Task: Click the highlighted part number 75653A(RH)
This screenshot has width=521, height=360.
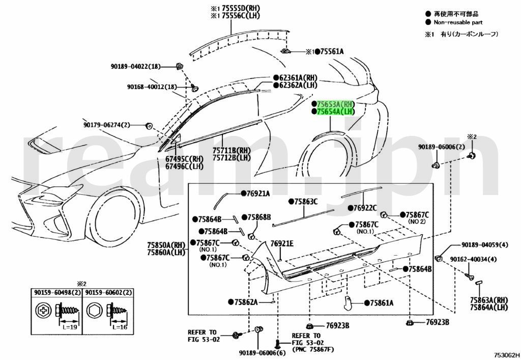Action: click(x=336, y=104)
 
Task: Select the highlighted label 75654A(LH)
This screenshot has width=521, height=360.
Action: click(x=336, y=112)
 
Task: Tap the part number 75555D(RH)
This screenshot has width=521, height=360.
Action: click(x=241, y=8)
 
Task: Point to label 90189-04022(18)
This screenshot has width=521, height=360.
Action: click(x=135, y=67)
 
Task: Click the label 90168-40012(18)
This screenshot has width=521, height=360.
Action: click(x=152, y=87)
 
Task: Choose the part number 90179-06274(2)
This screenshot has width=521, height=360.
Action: click(x=107, y=125)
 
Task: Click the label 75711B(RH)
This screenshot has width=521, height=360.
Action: click(x=231, y=151)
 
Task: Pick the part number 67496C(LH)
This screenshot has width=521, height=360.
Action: click(x=184, y=166)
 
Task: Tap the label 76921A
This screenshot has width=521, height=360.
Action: click(x=258, y=193)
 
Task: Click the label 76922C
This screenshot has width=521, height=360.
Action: click(x=365, y=208)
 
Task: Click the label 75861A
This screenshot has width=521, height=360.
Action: click(x=382, y=303)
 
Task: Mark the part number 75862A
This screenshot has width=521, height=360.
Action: click(x=246, y=302)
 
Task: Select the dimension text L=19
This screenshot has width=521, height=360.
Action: click(x=70, y=327)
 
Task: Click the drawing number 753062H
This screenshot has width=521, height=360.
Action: click(x=506, y=355)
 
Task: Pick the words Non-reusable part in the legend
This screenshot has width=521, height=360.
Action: click(x=458, y=22)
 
